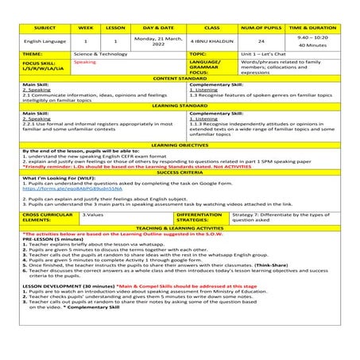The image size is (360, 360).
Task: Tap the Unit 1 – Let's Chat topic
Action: [x=263, y=54]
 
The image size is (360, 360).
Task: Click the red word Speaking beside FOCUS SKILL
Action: [x=84, y=61]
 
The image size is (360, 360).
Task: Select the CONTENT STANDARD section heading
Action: [x=180, y=78]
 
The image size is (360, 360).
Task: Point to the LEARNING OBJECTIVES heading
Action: [x=180, y=145]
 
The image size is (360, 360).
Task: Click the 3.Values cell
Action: [x=93, y=215]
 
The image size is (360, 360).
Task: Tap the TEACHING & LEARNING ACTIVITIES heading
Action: [x=180, y=228]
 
